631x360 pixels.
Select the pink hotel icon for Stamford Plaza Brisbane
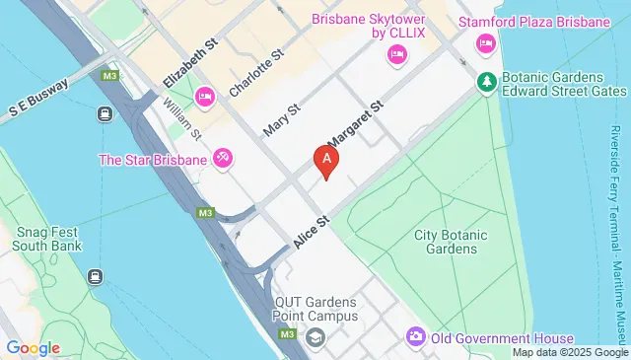[485, 42]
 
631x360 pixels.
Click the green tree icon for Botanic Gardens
[485, 80]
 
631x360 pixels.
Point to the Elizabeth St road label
[189, 62]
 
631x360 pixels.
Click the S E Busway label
[37, 99]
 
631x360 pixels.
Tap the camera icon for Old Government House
[415, 338]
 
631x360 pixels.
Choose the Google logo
[33, 347]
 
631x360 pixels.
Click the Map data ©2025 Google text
[569, 352]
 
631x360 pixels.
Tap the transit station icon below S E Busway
[103, 114]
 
